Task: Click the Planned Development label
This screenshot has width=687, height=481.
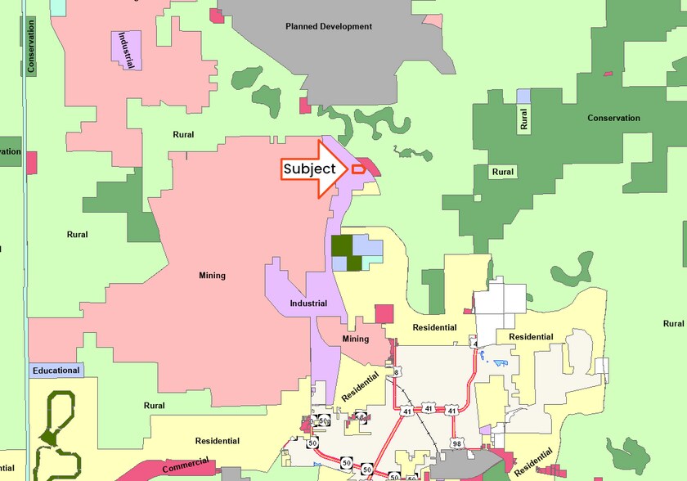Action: [329, 26]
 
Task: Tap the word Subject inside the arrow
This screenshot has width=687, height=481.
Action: [309, 169]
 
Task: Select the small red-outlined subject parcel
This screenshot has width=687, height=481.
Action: [357, 169]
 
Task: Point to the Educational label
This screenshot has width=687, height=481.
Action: [56, 371]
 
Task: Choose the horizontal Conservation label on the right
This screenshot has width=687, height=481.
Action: [613, 118]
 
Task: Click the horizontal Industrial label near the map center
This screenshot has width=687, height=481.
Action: [308, 303]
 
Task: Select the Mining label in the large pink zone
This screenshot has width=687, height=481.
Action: [212, 276]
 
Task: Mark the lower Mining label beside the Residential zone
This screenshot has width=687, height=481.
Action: [356, 339]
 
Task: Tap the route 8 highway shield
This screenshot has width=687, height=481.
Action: [397, 372]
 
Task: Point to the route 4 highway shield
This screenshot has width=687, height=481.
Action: [474, 344]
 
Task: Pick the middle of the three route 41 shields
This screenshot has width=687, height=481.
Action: [429, 407]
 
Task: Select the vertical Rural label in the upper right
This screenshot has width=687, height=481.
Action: [523, 120]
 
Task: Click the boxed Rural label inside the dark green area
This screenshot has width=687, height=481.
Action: [503, 172]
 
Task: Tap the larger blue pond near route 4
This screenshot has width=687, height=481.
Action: [501, 362]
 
